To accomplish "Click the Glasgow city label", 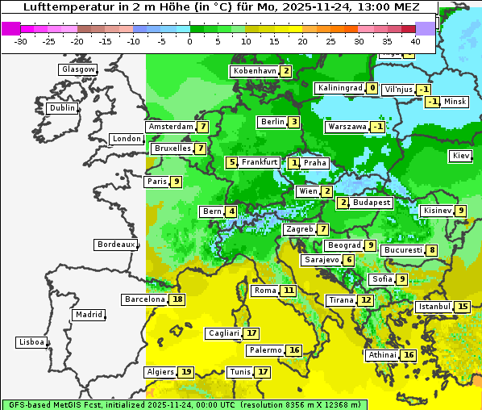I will [x=78, y=69].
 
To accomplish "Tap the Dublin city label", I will [x=62, y=108].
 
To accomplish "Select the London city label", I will [x=127, y=139].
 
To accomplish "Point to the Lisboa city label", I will [x=31, y=342].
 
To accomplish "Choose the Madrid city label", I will [x=89, y=315].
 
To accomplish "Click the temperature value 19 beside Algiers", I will [x=186, y=372].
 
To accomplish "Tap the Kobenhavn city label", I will [x=254, y=71].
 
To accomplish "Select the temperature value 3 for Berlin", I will [x=295, y=122].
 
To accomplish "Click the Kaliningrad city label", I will [x=339, y=88].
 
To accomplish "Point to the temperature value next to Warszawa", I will [x=378, y=127].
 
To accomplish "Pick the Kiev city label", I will [x=462, y=156].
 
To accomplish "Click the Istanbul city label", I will [x=434, y=307].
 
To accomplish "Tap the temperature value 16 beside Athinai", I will [x=409, y=355].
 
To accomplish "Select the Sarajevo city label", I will [x=321, y=260].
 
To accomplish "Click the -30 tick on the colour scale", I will [x=21, y=40].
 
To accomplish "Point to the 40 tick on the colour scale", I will [x=415, y=40].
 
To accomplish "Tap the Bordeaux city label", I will [x=116, y=244].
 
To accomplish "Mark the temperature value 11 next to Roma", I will [x=289, y=291].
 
